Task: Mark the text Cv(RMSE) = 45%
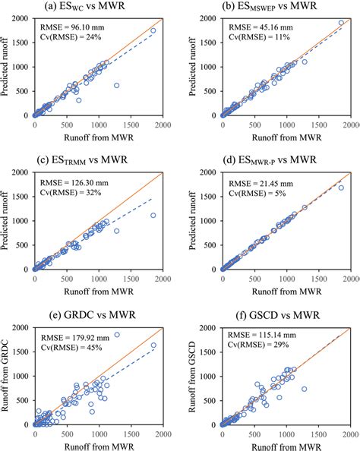point(72,341)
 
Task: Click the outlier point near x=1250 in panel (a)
point(116,86)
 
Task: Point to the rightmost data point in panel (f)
point(304,389)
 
